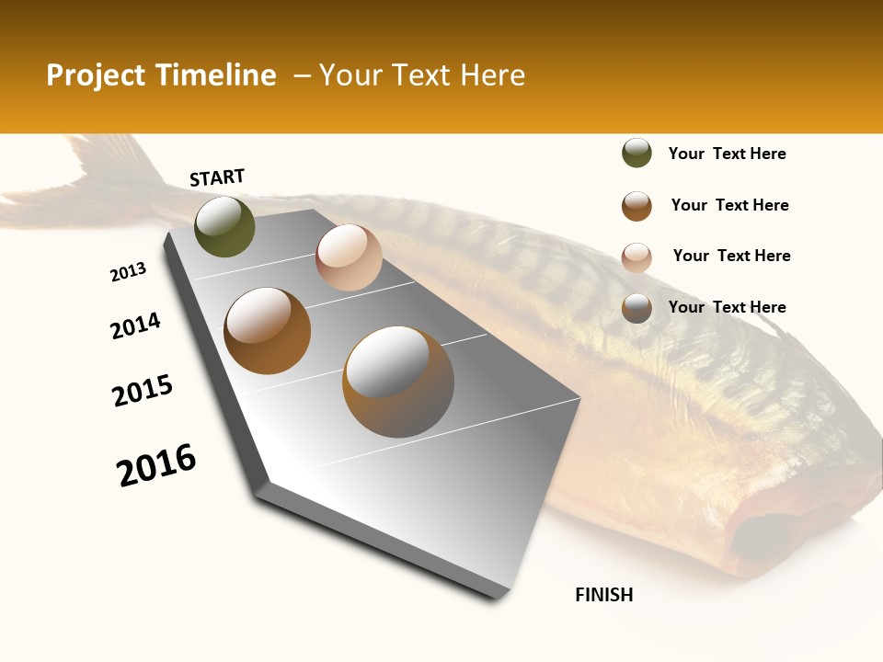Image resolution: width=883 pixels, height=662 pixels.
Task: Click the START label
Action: (x=217, y=177)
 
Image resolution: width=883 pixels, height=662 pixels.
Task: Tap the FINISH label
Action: (x=603, y=595)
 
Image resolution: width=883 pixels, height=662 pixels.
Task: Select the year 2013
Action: (x=128, y=272)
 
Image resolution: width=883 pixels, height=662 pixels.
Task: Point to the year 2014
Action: (x=135, y=325)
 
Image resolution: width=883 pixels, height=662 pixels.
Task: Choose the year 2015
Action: (x=143, y=391)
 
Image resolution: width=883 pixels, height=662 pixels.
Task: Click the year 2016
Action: (x=156, y=464)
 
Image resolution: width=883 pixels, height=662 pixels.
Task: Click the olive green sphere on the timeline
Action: (x=224, y=226)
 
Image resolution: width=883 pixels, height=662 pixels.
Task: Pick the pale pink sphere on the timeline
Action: (x=349, y=257)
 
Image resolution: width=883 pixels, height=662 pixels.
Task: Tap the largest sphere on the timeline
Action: (x=398, y=382)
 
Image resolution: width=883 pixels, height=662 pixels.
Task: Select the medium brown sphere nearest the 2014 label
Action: (x=267, y=330)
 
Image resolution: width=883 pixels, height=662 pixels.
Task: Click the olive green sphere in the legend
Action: (x=636, y=154)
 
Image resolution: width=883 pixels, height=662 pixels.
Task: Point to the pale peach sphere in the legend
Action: (x=636, y=257)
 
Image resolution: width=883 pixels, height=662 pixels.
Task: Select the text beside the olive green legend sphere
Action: (x=727, y=154)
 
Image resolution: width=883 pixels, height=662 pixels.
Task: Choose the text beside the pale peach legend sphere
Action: (x=731, y=256)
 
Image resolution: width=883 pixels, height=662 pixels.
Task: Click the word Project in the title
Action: (x=95, y=75)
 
